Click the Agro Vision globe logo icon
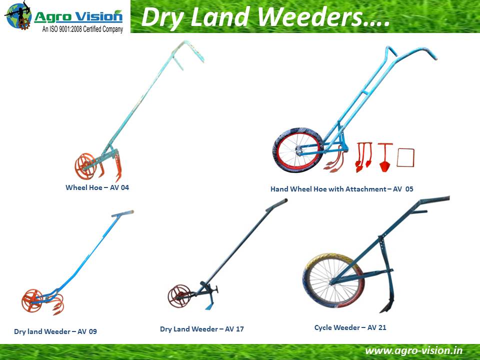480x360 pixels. [18, 15]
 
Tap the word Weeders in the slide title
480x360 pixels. [324, 17]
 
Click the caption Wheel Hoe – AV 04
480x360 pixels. [97, 187]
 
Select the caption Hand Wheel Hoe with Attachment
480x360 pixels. [328, 189]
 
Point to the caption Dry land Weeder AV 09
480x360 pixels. [55, 331]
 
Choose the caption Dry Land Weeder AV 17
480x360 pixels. [202, 329]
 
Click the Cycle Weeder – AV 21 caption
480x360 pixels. [350, 327]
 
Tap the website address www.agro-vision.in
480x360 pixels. [414, 351]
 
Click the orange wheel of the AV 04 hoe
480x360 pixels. [85, 166]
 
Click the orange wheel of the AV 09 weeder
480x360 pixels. [32, 300]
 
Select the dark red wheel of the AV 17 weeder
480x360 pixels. [179, 296]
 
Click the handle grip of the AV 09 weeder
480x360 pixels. [123, 213]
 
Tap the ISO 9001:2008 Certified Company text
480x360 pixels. [82, 29]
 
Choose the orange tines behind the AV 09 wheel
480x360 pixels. [57, 304]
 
